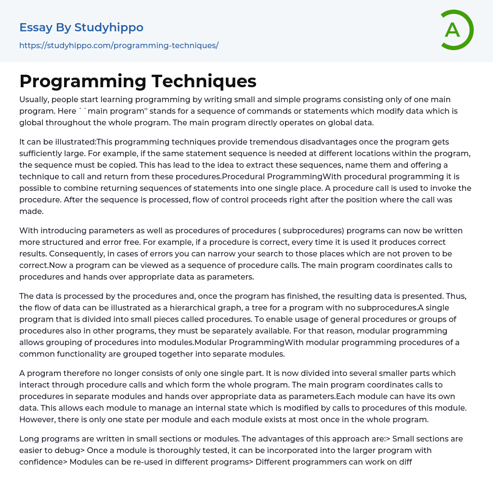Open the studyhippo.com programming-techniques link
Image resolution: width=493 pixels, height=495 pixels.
coord(119,45)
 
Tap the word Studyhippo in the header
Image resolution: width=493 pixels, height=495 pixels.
coord(109,27)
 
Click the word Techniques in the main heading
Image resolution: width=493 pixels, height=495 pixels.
coord(204,81)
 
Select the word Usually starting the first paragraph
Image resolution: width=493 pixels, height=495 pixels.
coord(33,100)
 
